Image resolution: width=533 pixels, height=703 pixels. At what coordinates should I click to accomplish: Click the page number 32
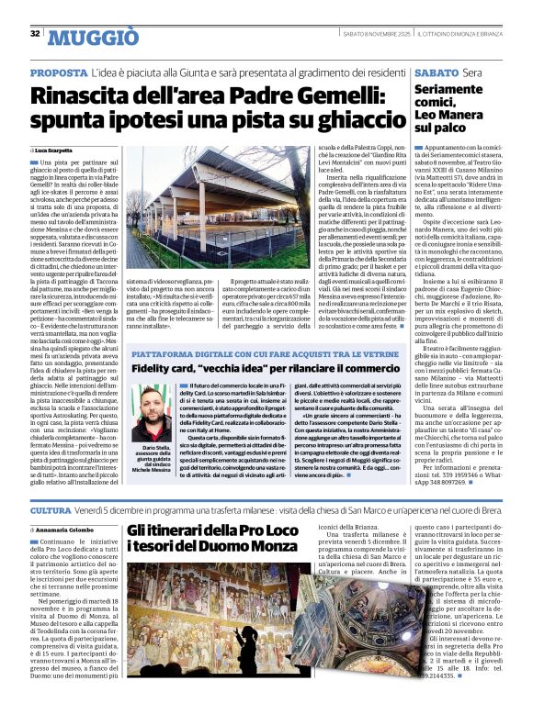pyautogui.click(x=34, y=33)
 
